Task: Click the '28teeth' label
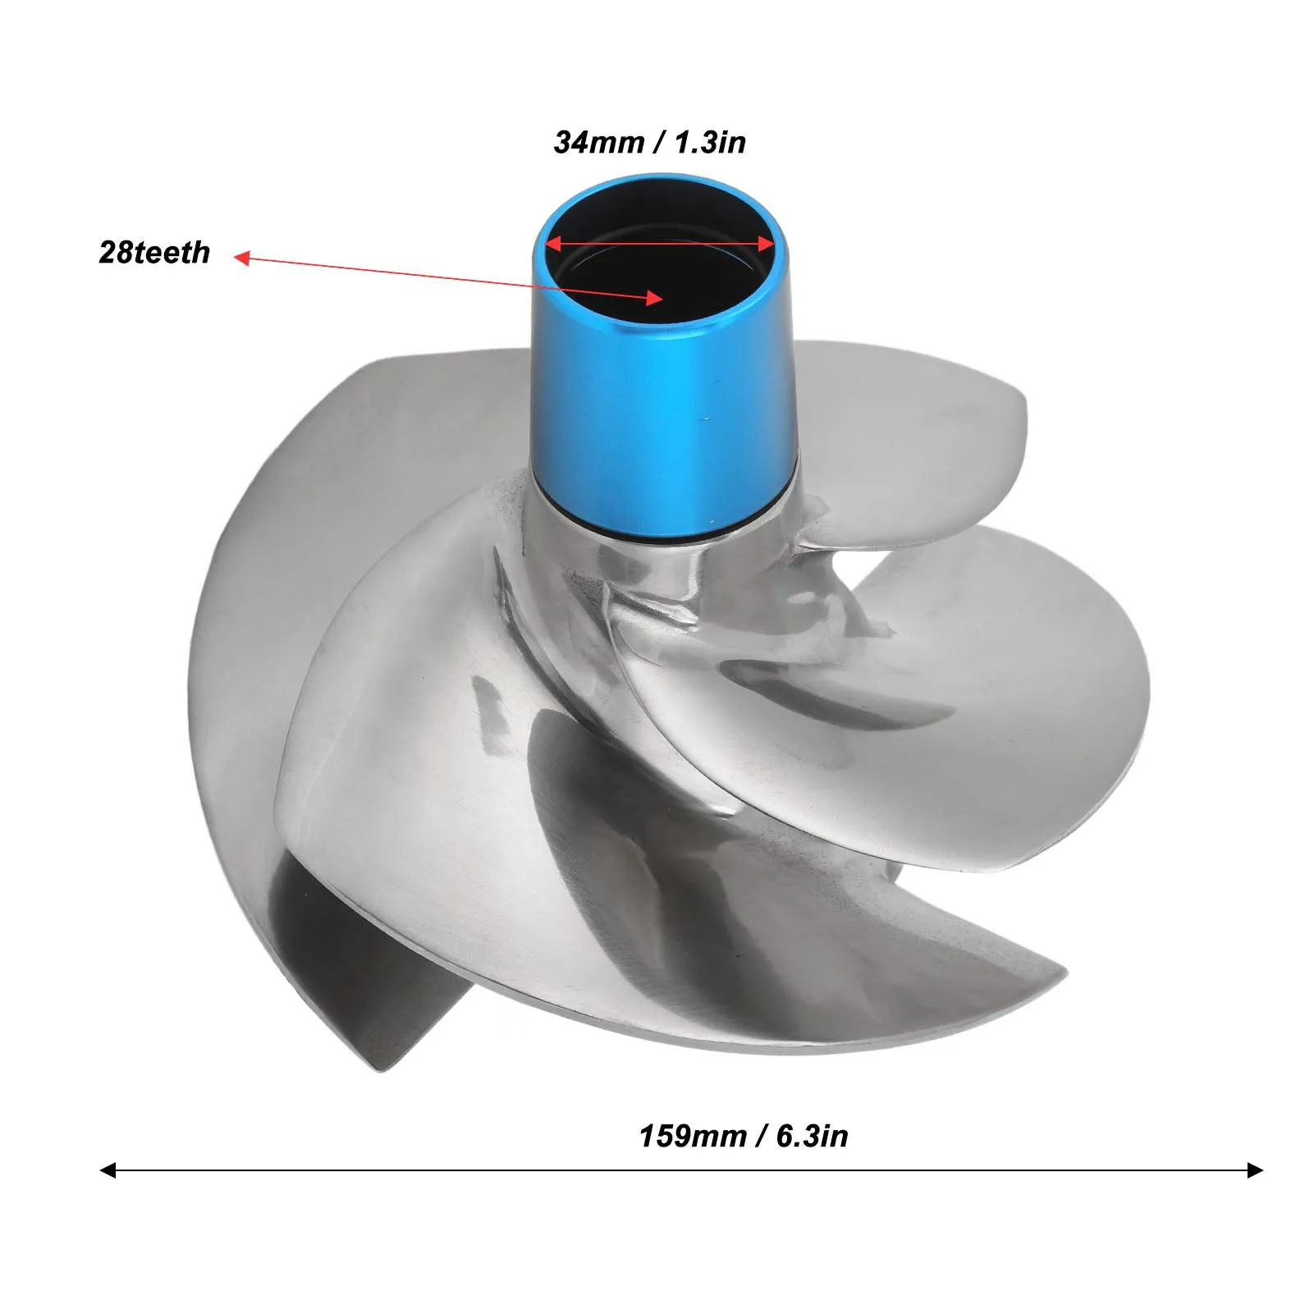click(154, 252)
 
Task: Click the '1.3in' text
click(710, 142)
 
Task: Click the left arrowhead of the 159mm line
click(108, 1170)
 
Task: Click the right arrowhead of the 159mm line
click(1255, 1170)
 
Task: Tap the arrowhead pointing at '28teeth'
click(241, 259)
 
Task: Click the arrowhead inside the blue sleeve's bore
click(654, 299)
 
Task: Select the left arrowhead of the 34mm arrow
click(554, 244)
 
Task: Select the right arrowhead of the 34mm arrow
click(767, 244)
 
